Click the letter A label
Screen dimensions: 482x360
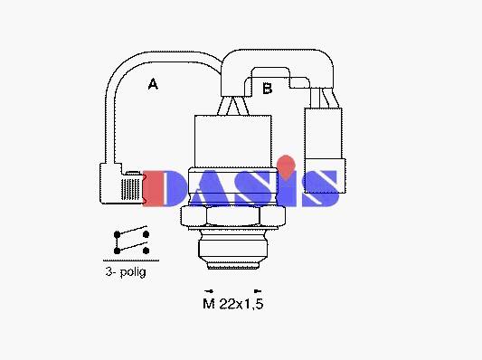pos(153,84)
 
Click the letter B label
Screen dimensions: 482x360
pos(268,89)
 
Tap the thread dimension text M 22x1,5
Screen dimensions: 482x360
pos(233,304)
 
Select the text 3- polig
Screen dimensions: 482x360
pos(126,272)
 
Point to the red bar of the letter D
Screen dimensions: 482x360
pos(153,188)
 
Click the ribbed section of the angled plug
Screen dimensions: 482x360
pos(130,189)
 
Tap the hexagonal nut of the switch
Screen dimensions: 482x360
pos(233,217)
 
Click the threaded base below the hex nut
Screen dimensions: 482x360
pos(233,250)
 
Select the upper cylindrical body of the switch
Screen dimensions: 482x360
pos(233,141)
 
